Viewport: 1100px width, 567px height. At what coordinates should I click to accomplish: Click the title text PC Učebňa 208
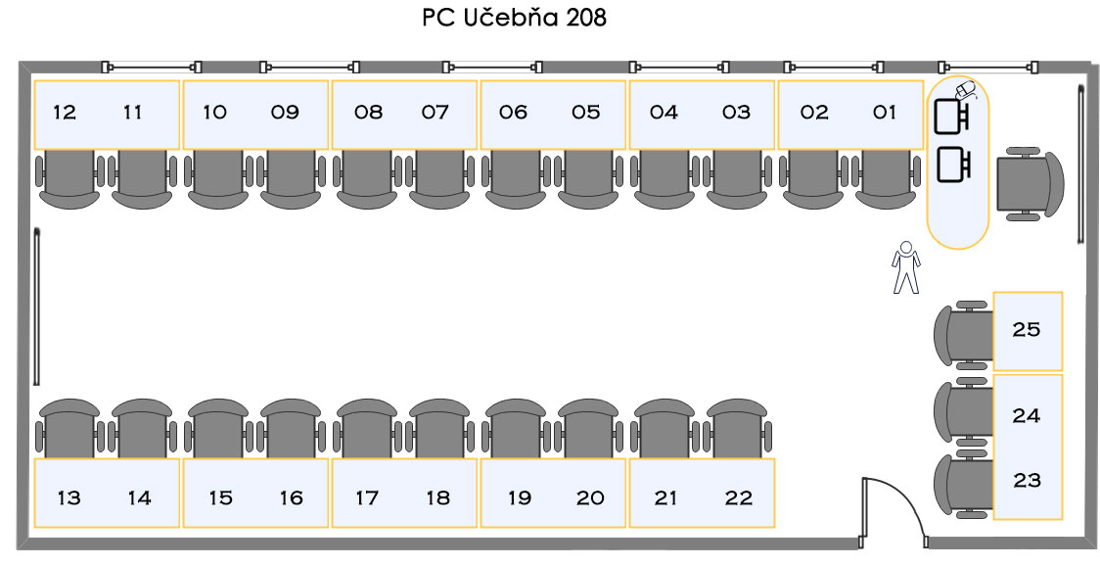click(x=514, y=18)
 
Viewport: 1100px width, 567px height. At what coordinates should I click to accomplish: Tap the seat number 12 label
click(x=65, y=113)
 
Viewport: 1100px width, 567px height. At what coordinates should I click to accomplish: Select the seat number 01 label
click(x=885, y=113)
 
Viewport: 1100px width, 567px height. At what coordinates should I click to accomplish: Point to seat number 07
click(x=435, y=113)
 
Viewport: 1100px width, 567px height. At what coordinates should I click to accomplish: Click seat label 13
click(x=69, y=498)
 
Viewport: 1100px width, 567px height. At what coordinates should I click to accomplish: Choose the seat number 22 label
click(x=739, y=498)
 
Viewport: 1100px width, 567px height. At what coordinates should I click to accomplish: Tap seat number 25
click(x=1027, y=329)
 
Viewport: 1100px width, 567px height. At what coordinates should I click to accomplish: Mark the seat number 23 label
click(x=1027, y=481)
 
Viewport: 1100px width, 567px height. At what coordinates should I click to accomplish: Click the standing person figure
click(x=905, y=266)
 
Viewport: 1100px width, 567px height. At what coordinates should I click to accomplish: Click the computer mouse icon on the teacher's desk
click(x=966, y=90)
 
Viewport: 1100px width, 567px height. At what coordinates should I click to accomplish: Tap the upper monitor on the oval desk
click(x=952, y=116)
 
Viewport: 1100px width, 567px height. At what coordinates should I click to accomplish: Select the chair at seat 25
click(x=964, y=336)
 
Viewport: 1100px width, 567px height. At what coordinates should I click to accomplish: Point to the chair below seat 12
click(x=69, y=179)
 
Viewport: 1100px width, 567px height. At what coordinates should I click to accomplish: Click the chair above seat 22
click(x=737, y=428)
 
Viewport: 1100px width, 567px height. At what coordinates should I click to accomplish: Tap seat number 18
click(x=438, y=498)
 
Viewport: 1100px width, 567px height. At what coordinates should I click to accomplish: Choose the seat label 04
click(x=664, y=113)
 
